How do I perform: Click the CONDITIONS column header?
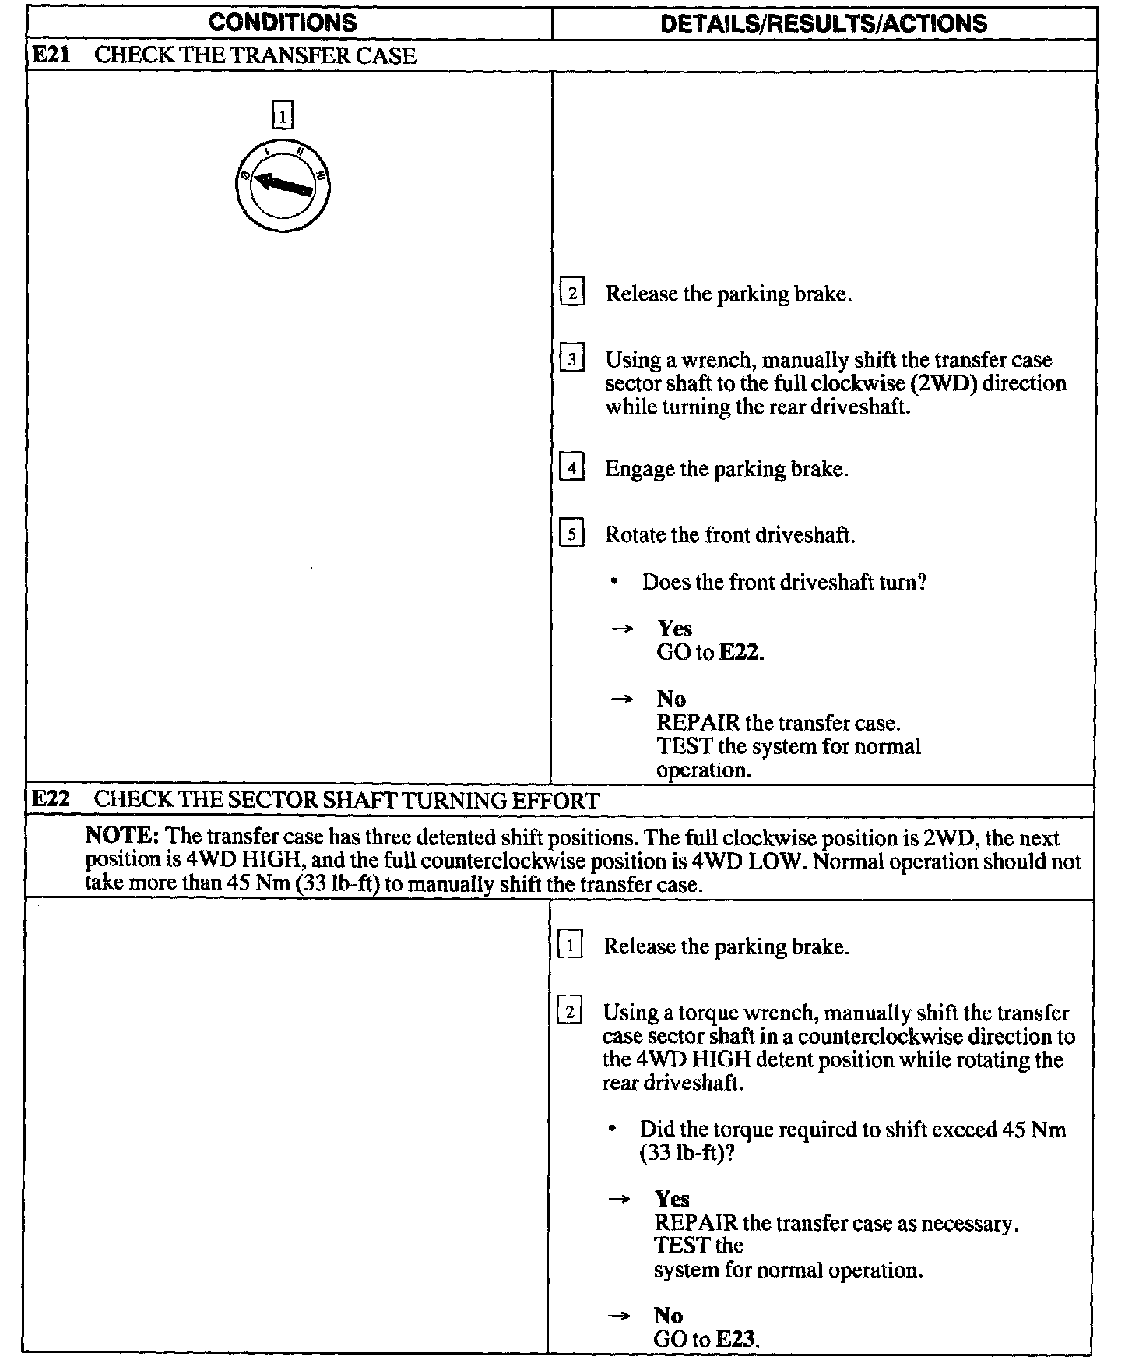point(283,23)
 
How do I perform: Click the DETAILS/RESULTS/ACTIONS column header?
point(823,23)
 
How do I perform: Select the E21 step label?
point(51,56)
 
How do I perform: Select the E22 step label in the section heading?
point(51,800)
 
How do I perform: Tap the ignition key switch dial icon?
point(283,185)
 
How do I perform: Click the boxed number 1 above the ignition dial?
point(283,116)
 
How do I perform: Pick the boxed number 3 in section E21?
point(572,360)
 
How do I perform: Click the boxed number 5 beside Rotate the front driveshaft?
point(572,535)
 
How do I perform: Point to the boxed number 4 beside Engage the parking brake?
point(572,469)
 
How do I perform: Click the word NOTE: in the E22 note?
point(122,837)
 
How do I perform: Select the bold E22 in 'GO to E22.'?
point(739,652)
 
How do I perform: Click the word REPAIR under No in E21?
point(698,723)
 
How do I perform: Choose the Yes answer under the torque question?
point(672,1199)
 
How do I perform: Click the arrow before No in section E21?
point(621,700)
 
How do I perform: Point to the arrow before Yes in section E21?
point(621,629)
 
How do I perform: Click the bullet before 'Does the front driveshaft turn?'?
point(615,583)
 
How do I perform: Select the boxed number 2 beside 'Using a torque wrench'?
point(570,1013)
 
